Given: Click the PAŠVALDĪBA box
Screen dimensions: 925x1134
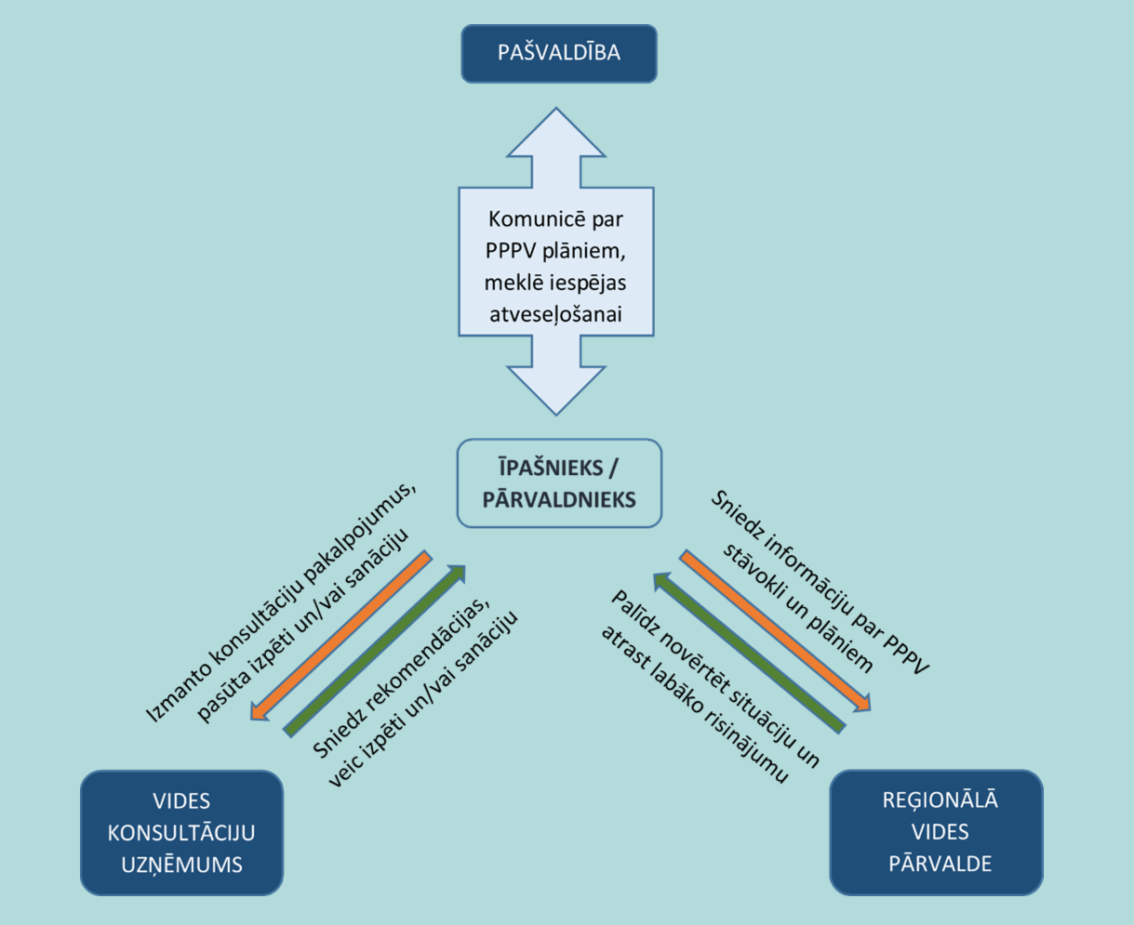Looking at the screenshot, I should coord(559,53).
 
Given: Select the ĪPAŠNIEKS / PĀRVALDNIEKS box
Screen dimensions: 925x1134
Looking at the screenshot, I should coord(559,483).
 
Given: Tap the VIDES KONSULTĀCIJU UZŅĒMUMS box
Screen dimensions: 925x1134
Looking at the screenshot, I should coord(182,833).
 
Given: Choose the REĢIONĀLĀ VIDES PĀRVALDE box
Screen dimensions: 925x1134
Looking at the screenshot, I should coord(937,833).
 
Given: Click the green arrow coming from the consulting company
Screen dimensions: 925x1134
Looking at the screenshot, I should coord(374,650).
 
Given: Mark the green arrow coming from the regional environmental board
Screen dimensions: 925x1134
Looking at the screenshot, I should coord(749,652).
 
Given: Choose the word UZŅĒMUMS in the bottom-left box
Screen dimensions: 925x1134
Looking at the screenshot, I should coord(182,865).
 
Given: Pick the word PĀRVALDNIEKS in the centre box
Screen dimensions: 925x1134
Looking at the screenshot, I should coord(559,499).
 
